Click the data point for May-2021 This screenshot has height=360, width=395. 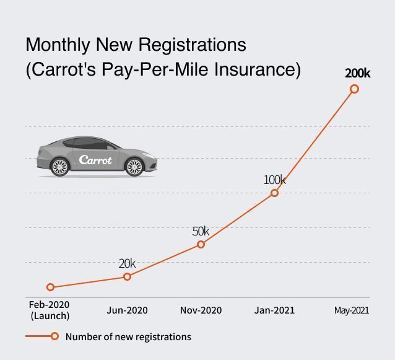pos(354,89)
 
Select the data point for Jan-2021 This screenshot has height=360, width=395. pos(275,193)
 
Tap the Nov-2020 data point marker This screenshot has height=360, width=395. pos(201,244)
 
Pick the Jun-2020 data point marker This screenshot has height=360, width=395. pos(128,276)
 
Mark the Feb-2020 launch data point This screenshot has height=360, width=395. pos(50,287)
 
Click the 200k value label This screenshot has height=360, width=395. pos(358,73)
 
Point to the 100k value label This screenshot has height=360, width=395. pos(275,180)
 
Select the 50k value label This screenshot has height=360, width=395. pos(201,231)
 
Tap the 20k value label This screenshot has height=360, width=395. pos(127,263)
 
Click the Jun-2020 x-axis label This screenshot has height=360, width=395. pos(127,310)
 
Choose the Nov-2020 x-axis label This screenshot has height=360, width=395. pos(201,310)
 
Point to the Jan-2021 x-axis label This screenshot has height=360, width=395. pos(274,310)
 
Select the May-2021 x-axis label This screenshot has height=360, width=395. pos(352,310)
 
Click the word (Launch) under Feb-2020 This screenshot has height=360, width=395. pos(50,315)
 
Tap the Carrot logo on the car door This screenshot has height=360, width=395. pos(95,160)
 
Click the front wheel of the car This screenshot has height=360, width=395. pos(134,167)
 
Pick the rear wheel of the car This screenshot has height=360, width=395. pos(60,167)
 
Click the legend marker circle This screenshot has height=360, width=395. pos(54,336)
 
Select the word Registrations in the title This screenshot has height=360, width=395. pos(192,45)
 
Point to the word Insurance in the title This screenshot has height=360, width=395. pos(258,69)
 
